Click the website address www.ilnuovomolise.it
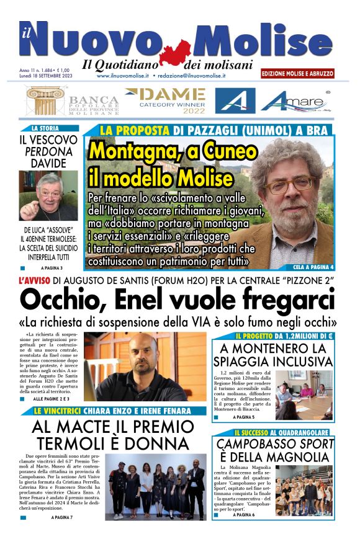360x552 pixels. tap(122, 75)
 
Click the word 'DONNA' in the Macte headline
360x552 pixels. tap(157, 443)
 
